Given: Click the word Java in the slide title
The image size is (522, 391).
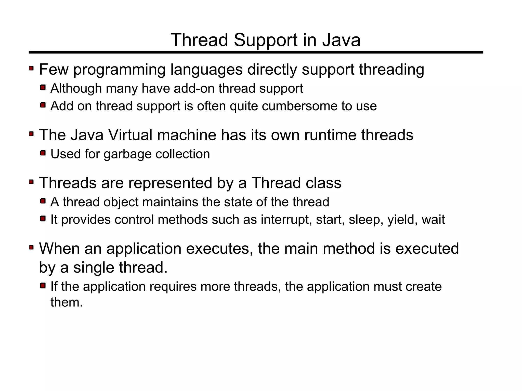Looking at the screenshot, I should (341, 40).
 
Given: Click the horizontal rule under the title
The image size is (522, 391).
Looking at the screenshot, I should (256, 52).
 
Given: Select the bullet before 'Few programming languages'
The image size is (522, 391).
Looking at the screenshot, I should (31, 68).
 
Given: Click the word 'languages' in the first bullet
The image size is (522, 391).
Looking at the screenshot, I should (206, 70).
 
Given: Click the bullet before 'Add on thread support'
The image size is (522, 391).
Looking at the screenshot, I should (43, 105).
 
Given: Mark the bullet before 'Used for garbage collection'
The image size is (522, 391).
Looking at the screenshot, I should (43, 153).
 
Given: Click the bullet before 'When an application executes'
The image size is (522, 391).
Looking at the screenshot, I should (31, 247).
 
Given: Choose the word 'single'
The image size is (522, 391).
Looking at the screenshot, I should (94, 268).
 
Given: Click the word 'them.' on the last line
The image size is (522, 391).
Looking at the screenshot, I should (67, 302).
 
